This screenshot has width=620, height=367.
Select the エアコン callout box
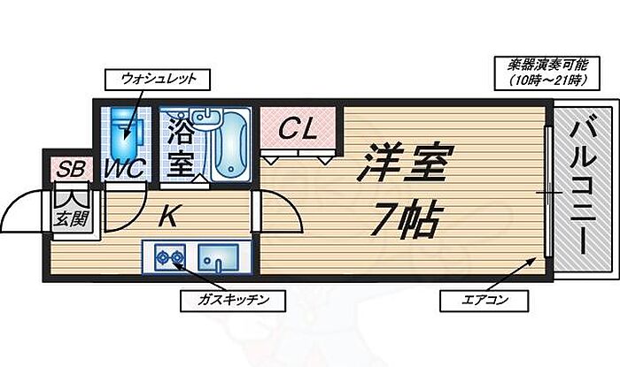(x=484, y=301)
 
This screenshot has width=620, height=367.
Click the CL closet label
(x=298, y=130)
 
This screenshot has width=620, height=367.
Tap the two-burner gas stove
(x=168, y=258)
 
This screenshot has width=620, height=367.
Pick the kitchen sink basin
(x=215, y=258)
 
